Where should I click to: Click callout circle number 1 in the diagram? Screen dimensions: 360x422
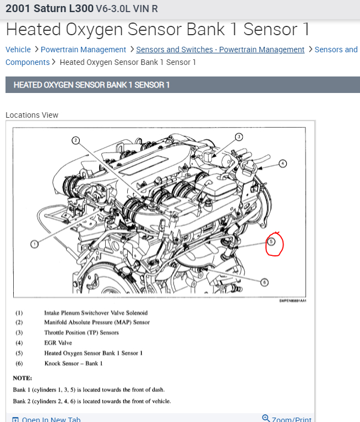34,243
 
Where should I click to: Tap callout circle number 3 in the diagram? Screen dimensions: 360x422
239,137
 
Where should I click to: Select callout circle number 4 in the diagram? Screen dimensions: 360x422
282,163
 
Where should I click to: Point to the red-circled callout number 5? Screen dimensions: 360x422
271,242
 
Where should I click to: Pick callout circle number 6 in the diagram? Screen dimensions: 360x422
264,282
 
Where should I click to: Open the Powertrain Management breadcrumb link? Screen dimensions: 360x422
83,50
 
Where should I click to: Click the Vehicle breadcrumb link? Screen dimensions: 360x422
18,50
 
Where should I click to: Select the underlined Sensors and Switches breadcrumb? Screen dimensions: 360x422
220,50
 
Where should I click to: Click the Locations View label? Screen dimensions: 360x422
32,115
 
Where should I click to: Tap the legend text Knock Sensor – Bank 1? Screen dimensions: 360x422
73,363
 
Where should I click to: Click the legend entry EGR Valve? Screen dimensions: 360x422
58,343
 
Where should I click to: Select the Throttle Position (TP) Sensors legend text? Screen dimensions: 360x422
81,333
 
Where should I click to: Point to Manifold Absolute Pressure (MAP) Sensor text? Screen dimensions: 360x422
97,322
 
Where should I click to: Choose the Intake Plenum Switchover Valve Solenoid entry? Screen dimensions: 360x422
96,313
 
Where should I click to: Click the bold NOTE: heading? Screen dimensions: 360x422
23,379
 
